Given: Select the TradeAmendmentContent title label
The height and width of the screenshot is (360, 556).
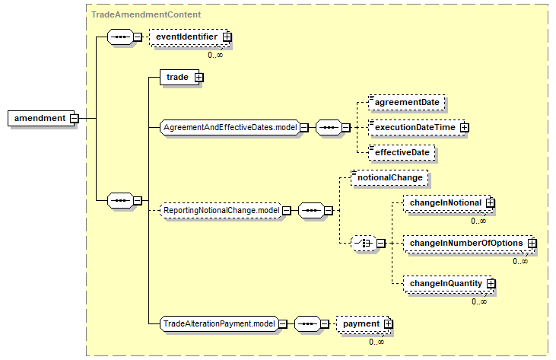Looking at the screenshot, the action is point(146,14).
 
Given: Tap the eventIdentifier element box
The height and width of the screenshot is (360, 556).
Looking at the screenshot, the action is point(189,37).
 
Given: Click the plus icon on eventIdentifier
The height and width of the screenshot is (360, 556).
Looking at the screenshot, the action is point(227,37).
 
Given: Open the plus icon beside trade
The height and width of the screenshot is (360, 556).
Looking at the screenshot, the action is point(199,78).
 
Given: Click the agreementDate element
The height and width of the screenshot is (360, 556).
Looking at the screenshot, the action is point(407,103).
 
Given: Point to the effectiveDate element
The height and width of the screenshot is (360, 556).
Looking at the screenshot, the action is point(402,152).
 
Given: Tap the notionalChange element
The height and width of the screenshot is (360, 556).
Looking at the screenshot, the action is point(389,177).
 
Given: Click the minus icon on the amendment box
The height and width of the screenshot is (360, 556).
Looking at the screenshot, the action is point(74,118).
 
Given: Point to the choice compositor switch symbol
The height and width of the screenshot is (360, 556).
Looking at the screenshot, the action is point(364,244).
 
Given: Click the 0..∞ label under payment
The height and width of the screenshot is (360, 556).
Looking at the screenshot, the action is point(376,342).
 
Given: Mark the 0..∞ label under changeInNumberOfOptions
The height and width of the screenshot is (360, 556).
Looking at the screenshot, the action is point(520,261).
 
